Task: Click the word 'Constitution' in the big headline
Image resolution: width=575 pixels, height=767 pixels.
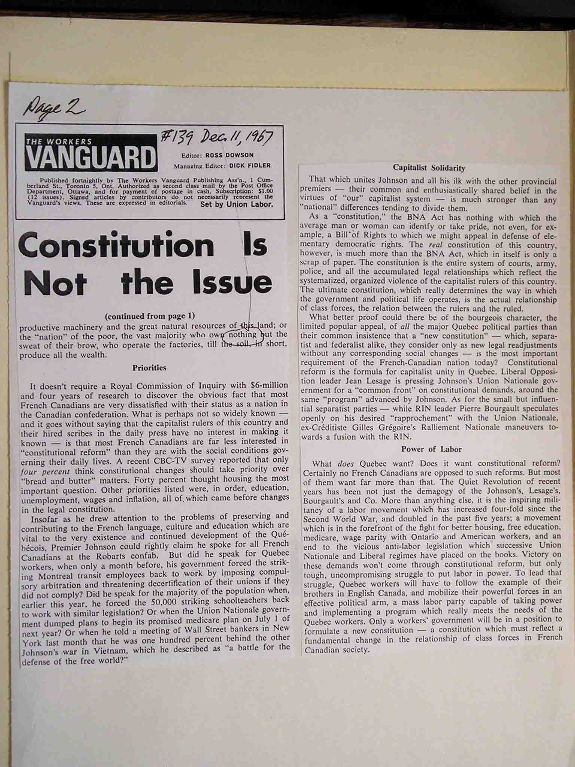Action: [116, 245]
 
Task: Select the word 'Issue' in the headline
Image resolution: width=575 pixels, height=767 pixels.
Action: [232, 283]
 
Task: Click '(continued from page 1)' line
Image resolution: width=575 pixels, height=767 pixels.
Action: [150, 316]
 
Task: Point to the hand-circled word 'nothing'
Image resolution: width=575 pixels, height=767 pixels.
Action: [242, 334]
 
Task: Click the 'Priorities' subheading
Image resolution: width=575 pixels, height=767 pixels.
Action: [149, 368]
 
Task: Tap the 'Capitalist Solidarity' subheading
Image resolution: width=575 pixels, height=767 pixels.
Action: [429, 168]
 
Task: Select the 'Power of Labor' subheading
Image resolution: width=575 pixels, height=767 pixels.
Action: [431, 449]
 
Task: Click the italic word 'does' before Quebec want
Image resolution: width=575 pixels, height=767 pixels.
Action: [345, 464]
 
